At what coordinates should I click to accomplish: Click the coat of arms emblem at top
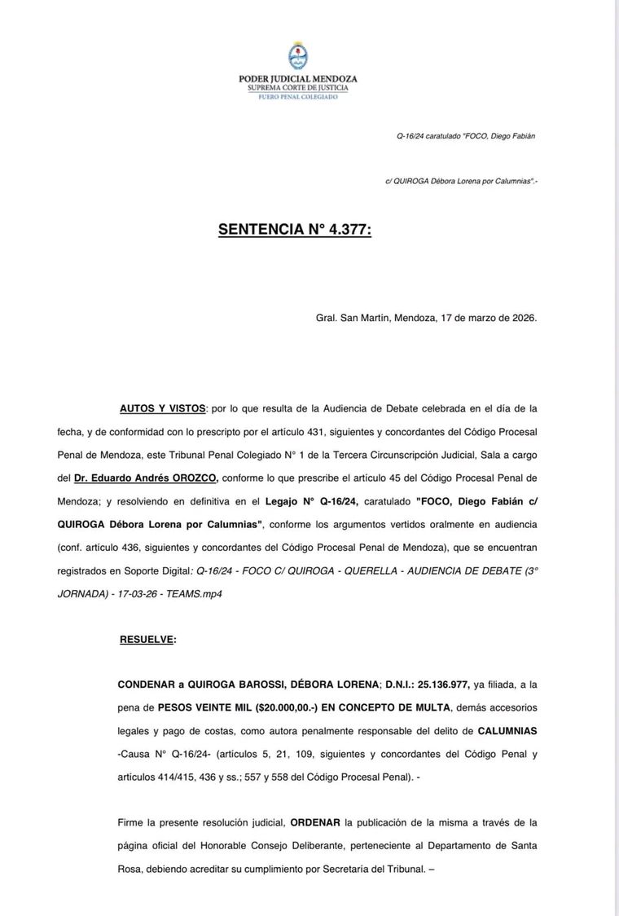[297, 56]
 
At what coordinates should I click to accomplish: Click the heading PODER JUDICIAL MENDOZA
[297, 79]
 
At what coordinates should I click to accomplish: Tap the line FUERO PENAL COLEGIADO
[297, 95]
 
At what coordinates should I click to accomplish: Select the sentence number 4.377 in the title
[346, 231]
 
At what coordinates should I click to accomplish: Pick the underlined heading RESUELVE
[147, 640]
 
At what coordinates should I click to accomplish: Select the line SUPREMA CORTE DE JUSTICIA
[297, 87]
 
